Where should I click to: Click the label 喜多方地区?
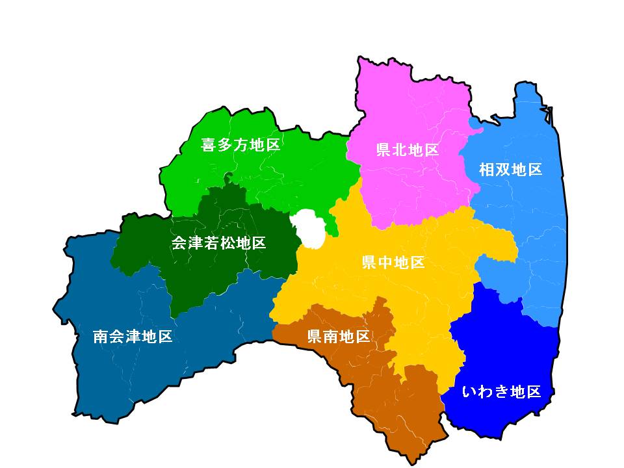240,145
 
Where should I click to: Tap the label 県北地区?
408,150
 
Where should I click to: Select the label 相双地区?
510,170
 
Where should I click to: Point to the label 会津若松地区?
218,244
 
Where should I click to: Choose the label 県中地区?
393,263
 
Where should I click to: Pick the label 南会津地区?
133,337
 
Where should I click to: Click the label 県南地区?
338,337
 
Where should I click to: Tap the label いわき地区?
501,392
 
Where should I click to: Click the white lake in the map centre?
310,229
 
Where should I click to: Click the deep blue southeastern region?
507,351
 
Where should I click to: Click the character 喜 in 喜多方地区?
209,145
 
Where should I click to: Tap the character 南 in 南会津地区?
101,337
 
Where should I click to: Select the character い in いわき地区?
469,392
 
